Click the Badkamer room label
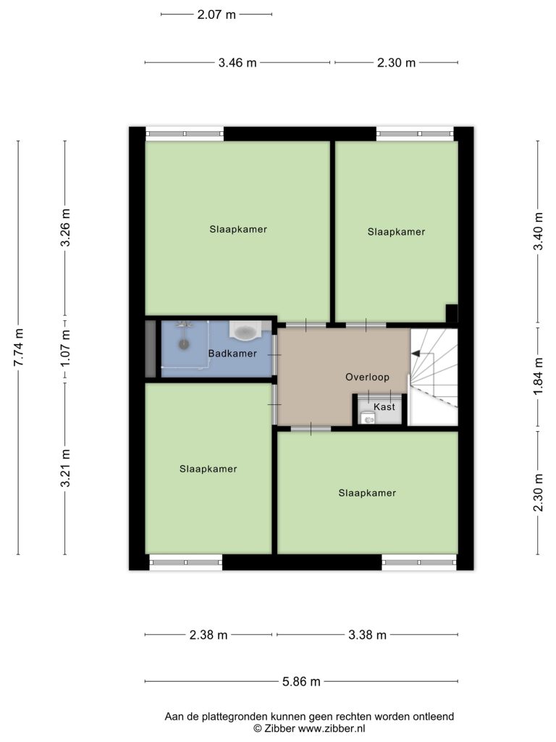(x=232, y=354)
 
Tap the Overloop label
(x=367, y=377)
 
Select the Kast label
(x=384, y=407)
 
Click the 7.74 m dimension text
(x=18, y=347)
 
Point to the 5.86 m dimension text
(x=301, y=681)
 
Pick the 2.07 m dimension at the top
(x=216, y=14)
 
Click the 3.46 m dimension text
(x=237, y=62)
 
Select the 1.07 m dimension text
(x=65, y=348)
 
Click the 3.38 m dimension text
(x=367, y=635)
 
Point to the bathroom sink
(x=245, y=330)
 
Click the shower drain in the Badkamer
(x=183, y=343)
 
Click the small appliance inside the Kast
(x=367, y=418)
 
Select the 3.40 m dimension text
(x=538, y=231)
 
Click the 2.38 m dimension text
(x=208, y=635)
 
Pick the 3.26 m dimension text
(x=65, y=228)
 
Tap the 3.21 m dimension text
(x=65, y=468)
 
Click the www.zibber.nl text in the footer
(x=331, y=729)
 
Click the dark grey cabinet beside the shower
(x=151, y=349)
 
